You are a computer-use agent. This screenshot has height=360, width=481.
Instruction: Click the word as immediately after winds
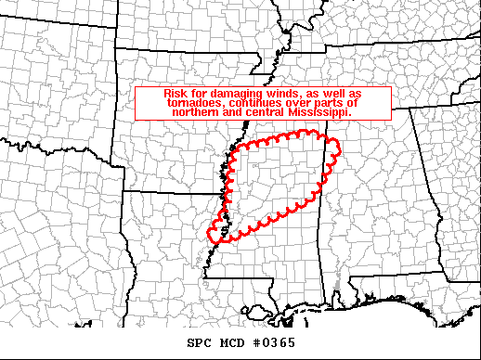pyautogui.click(x=300, y=94)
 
